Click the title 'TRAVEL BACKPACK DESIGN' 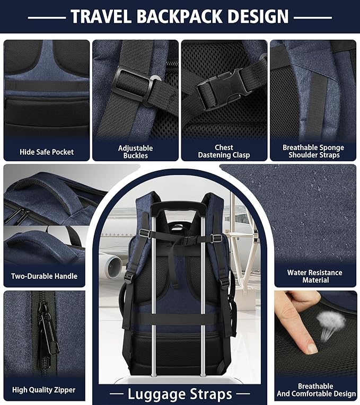pos(180,16)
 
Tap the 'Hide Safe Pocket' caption pos(47,152)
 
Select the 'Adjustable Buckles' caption pos(135,152)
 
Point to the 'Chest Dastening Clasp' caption pos(224,151)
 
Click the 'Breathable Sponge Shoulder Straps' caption pos(313,151)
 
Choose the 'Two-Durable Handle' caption pos(45,276)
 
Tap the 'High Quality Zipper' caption pos(44,390)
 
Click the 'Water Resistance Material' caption pos(315,276)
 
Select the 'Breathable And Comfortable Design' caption pos(315,390)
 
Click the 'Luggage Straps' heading pos(180,394)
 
